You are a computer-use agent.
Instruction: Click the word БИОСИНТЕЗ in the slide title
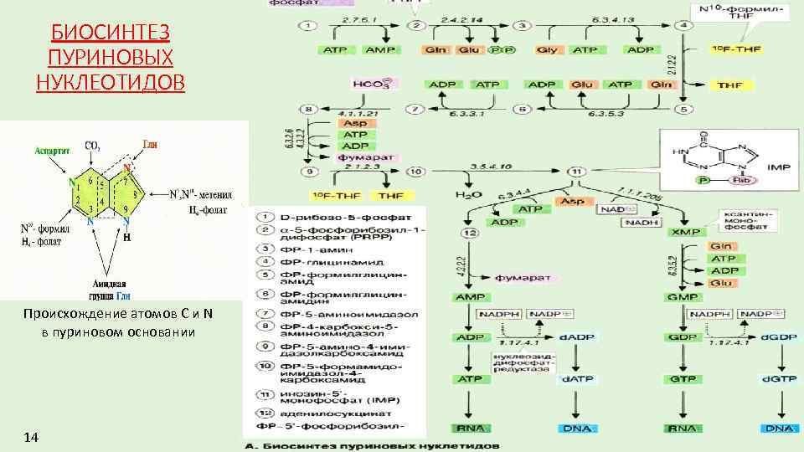coord(111,33)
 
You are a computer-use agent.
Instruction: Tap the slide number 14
coord(32,437)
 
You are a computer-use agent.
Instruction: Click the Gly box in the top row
coord(548,50)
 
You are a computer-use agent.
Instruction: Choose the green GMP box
coord(682,297)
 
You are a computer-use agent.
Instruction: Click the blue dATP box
coord(575,379)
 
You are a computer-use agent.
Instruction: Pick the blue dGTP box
coord(779,379)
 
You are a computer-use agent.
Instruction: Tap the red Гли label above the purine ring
coord(151,143)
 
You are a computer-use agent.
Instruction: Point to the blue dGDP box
coord(779,337)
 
